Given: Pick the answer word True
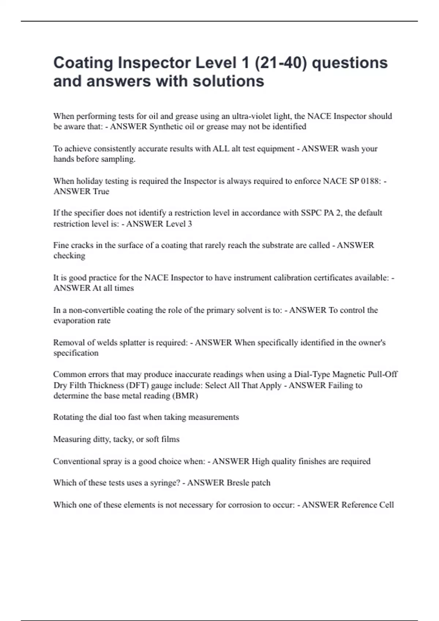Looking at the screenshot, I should [101, 191].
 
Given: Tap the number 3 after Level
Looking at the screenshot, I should [190, 224].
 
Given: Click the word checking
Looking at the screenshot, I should [69, 256].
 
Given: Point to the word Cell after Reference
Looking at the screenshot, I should [386, 505].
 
